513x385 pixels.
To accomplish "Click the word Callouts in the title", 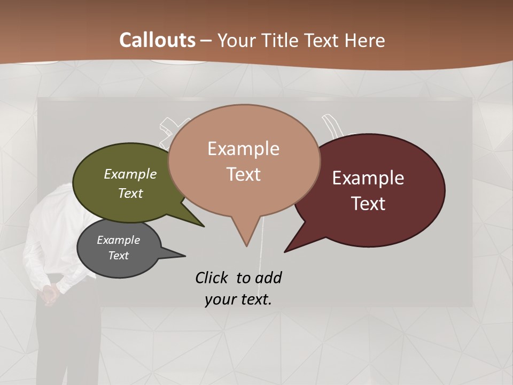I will (157, 40).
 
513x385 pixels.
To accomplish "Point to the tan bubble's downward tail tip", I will (246, 246).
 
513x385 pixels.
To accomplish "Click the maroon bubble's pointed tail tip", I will (285, 252).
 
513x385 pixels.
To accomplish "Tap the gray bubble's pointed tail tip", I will (185, 256).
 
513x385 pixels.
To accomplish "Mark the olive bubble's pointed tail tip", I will (204, 227).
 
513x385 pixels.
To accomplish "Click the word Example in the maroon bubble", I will (368, 178).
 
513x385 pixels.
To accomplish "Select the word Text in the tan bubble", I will (244, 174).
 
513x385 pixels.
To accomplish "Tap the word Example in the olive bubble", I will (130, 174).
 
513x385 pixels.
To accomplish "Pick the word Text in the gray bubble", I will (119, 256).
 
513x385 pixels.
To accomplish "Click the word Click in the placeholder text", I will (212, 278).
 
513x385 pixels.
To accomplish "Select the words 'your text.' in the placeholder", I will (238, 299).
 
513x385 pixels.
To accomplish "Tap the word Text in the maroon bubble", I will (369, 204).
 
